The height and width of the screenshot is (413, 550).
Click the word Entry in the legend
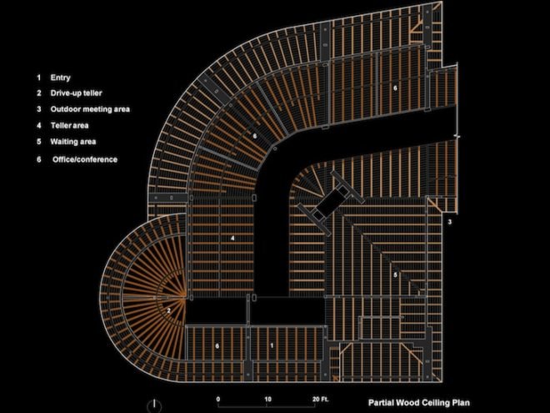tap(60, 78)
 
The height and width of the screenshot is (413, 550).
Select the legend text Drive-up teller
tap(76, 93)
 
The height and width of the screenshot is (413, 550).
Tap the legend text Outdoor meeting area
tap(90, 109)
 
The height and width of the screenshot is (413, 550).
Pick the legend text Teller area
tap(69, 125)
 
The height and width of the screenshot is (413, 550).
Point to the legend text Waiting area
tap(73, 142)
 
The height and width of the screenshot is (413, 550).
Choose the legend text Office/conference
tap(85, 159)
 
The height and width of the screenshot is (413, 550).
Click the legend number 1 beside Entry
tap(39, 78)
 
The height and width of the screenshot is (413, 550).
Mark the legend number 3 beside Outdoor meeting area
tap(39, 109)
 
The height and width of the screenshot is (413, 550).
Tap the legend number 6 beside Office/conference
tap(39, 159)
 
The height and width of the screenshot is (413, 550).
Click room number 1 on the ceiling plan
tap(272, 345)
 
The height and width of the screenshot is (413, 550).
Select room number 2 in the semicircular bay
tap(168, 310)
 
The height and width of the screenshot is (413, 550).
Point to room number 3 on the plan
tap(450, 222)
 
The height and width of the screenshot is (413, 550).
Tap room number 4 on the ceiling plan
tap(232, 239)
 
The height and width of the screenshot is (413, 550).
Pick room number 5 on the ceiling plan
tap(395, 274)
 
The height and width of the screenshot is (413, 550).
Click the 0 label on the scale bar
tap(218, 399)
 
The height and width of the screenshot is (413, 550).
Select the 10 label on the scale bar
tap(268, 399)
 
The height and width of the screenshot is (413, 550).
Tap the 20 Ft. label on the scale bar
tap(321, 399)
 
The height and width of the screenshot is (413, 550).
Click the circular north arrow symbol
tap(154, 406)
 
